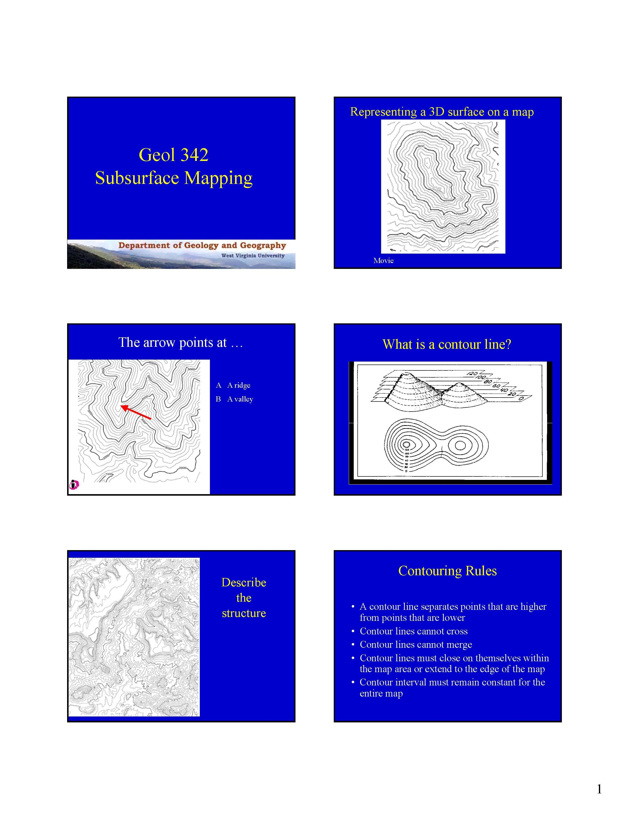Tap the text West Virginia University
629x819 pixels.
pyautogui.click(x=253, y=256)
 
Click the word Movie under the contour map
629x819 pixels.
pyautogui.click(x=383, y=261)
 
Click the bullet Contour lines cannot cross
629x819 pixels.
pyautogui.click(x=413, y=631)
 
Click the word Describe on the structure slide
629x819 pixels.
pyautogui.click(x=244, y=583)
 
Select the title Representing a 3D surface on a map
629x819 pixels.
pyautogui.click(x=442, y=112)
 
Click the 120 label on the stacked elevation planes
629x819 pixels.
pyautogui.click(x=473, y=373)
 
